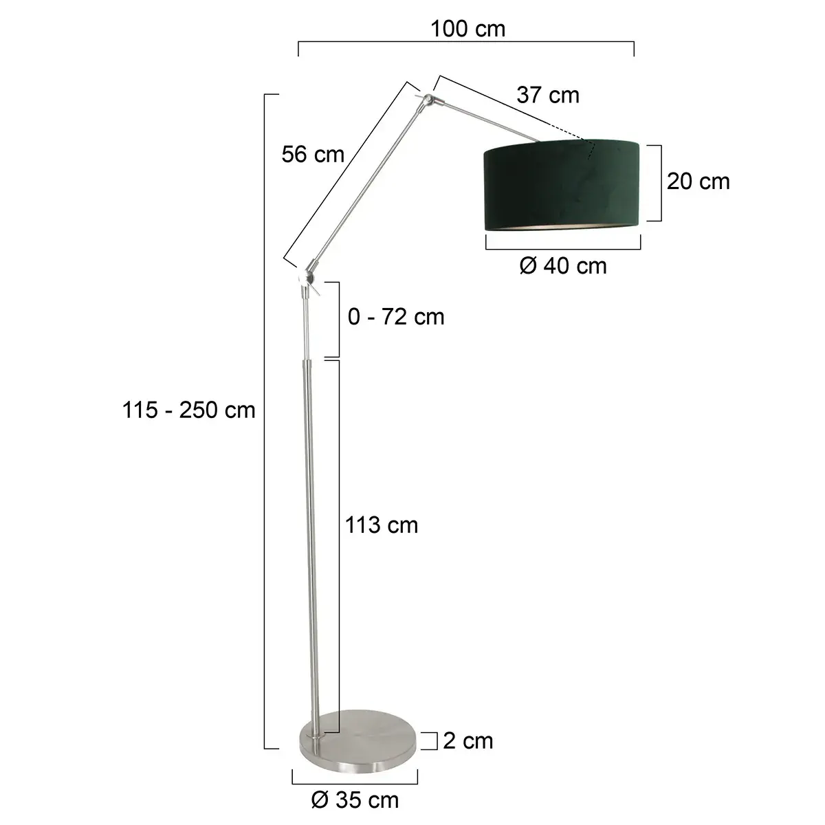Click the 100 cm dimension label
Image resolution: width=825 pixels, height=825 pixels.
pos(467,29)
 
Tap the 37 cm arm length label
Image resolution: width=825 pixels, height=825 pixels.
pos(548,95)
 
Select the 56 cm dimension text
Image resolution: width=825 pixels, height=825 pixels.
pos(313,155)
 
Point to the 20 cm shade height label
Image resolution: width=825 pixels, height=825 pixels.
pos(698,181)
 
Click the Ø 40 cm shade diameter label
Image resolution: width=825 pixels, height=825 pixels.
pos(563,265)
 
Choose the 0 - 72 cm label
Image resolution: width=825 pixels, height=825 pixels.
pos(396,317)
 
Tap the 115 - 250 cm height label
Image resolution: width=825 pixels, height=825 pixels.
pos(189,410)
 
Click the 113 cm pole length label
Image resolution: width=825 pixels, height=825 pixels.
pos(382,525)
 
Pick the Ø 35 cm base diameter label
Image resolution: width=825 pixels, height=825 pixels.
pos(355,800)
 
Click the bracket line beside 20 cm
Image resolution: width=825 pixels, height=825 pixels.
pos(660,181)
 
